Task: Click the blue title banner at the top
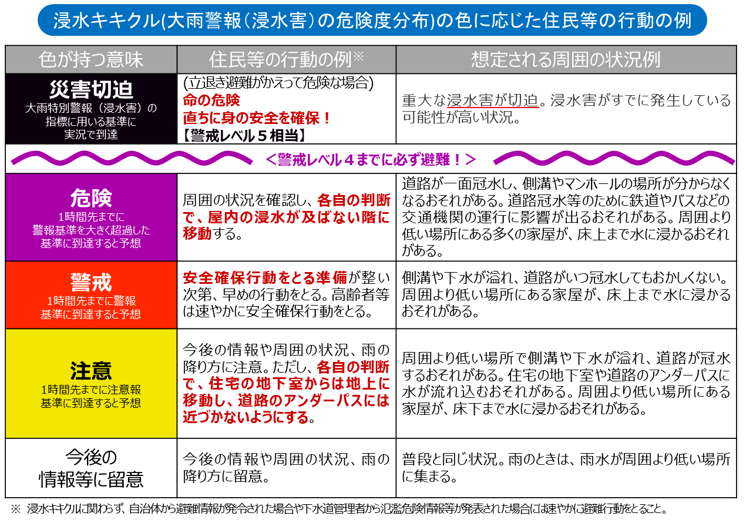point(372,20)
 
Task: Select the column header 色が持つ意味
point(90,59)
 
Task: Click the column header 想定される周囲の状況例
point(566,59)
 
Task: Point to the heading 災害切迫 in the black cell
point(91,89)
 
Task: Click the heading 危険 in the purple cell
point(91,198)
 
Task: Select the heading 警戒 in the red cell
point(91,282)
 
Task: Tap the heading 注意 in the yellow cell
point(91,371)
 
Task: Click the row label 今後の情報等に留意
point(91,468)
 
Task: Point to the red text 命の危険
point(211,100)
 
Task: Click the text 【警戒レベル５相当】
point(245,136)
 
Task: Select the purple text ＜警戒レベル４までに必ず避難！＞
point(371,160)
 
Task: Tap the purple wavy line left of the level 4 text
point(132,158)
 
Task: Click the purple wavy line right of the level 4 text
point(614,158)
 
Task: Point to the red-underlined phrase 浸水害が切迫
point(493,100)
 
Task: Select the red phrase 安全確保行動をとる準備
point(265,277)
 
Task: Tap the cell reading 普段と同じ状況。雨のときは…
point(566,468)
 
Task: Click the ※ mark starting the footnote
point(16,509)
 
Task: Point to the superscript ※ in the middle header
point(358,56)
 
